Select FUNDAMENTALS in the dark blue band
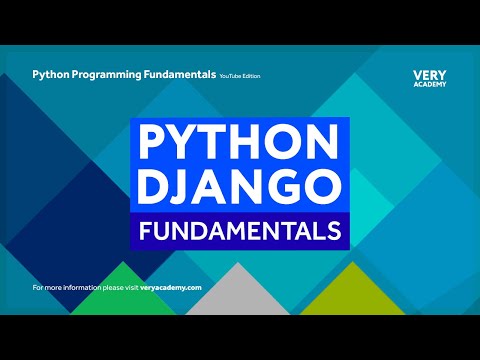[x=239, y=232]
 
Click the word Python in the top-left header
[x=50, y=74]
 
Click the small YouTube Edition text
[x=237, y=75]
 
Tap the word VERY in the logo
[x=428, y=74]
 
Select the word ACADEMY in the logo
[x=428, y=85]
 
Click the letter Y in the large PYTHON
[x=179, y=144]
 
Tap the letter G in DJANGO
[x=283, y=188]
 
